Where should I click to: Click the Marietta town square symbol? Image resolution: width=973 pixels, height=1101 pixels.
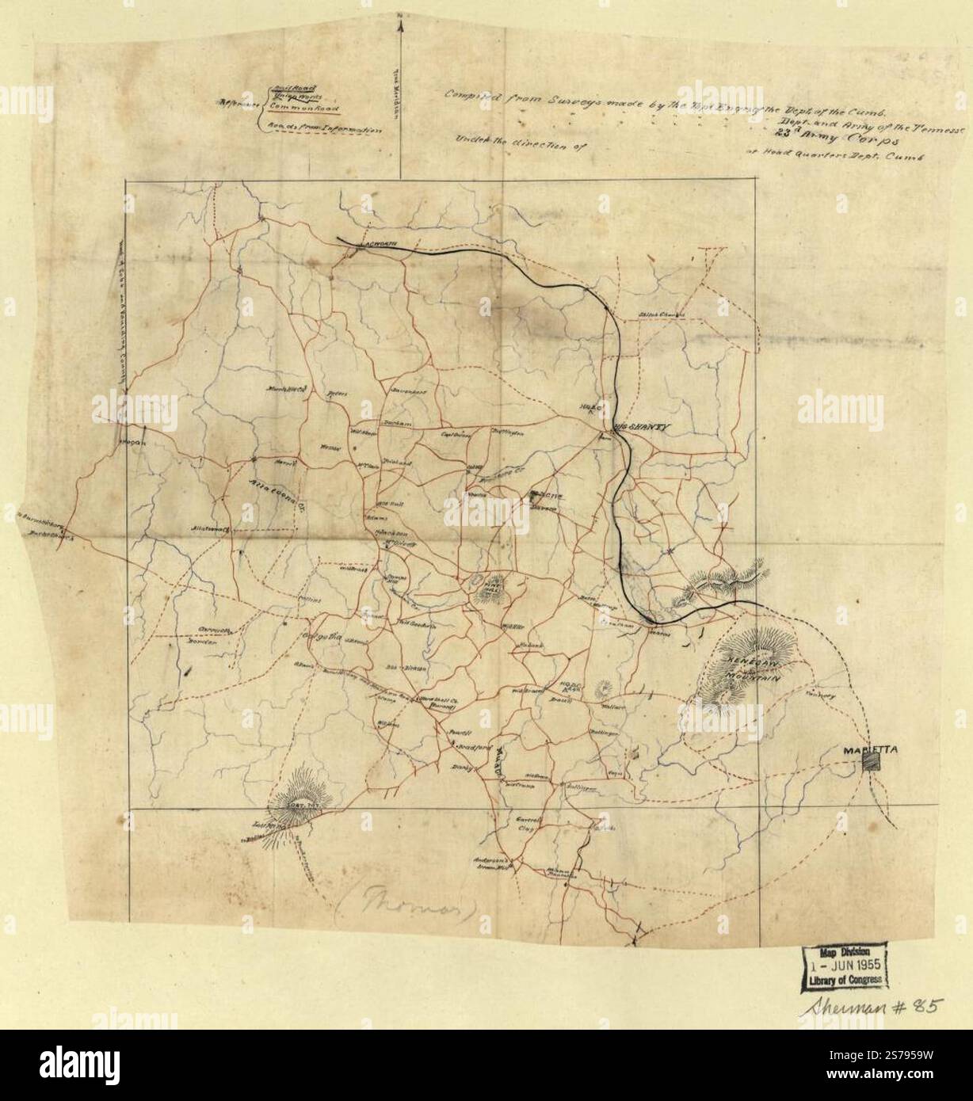tap(871, 760)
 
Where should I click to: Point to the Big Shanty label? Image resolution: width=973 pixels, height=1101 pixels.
tap(642, 427)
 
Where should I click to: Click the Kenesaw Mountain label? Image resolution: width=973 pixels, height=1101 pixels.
tap(749, 668)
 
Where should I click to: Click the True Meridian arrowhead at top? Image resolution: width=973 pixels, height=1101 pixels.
tap(401, 25)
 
